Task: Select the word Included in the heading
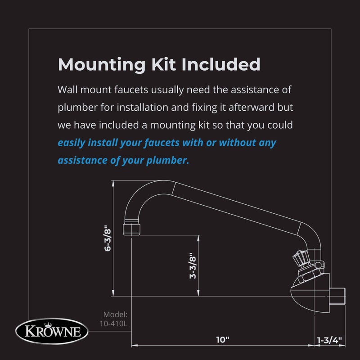coord(221,64)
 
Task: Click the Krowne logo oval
coord(49,332)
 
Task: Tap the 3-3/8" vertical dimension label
coord(192,266)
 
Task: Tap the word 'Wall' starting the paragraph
coord(67,90)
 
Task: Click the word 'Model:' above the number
coord(116,315)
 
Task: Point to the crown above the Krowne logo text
coord(49,324)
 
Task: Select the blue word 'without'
coord(237,143)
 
